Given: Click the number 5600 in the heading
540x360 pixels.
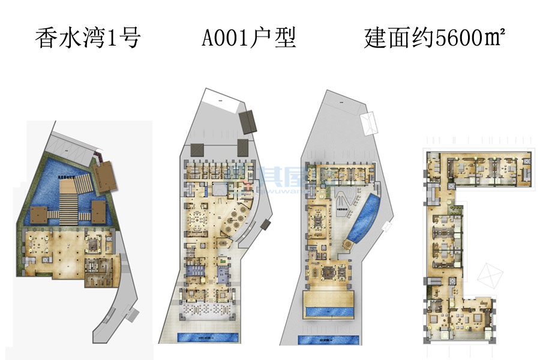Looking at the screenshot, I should click(458, 40).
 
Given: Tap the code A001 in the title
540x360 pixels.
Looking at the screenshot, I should click(225, 40).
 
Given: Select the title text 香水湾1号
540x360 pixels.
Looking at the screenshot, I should click(88, 40).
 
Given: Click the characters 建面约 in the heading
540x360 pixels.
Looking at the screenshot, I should click(398, 40).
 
